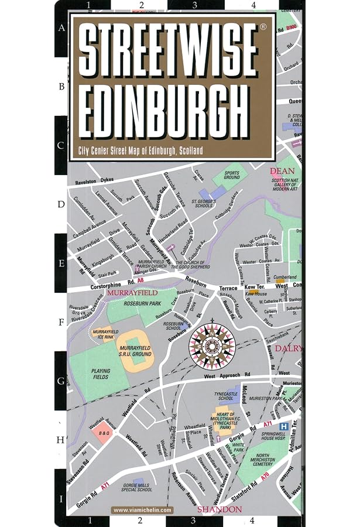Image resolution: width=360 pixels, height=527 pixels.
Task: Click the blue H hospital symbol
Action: [x=284, y=426]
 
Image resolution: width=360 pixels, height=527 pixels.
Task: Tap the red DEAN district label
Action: [x=280, y=171]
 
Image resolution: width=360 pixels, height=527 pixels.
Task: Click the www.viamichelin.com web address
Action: [x=142, y=509]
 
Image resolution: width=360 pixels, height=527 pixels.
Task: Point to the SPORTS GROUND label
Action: [x=231, y=174]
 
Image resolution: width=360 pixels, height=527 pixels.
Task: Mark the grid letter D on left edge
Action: [x=61, y=205]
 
